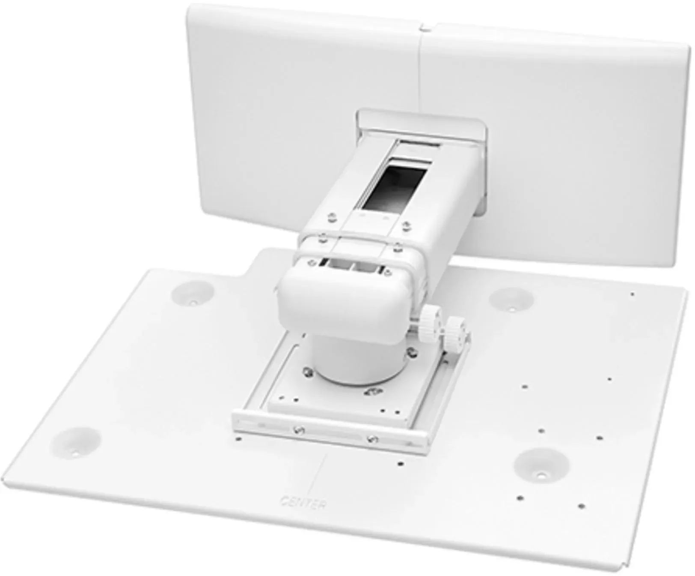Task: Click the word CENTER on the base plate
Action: (303, 501)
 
